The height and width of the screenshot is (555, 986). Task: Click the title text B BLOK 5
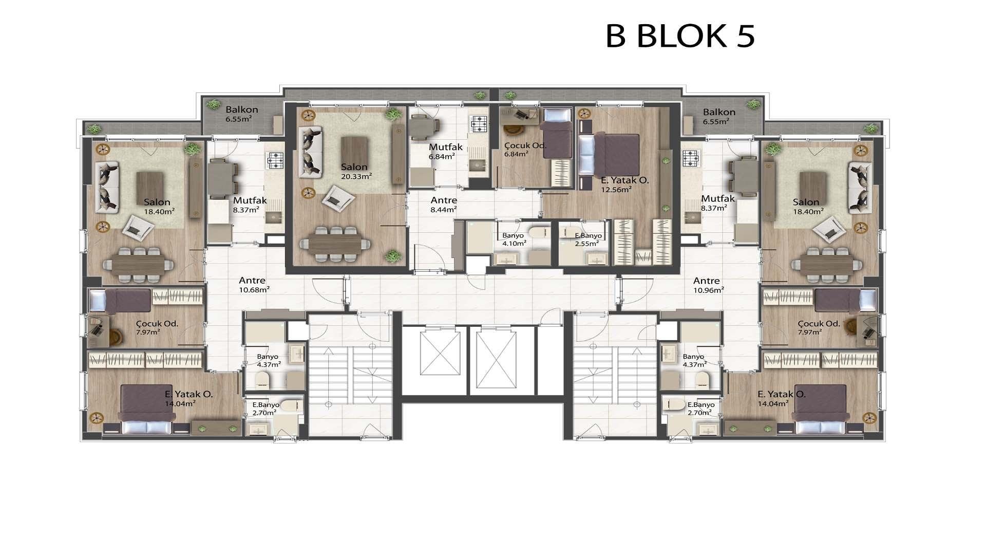click(680, 36)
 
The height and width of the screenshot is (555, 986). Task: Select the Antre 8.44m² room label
click(444, 205)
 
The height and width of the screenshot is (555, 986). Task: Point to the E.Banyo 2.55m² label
click(588, 239)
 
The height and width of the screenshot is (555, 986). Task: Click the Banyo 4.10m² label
click(514, 239)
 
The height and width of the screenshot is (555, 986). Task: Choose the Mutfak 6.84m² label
click(446, 151)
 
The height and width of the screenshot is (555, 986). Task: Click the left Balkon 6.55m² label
click(241, 114)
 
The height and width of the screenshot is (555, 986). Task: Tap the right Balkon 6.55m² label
click(719, 117)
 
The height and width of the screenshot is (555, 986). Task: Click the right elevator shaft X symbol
click(496, 360)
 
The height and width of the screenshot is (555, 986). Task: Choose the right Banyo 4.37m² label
click(694, 360)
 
